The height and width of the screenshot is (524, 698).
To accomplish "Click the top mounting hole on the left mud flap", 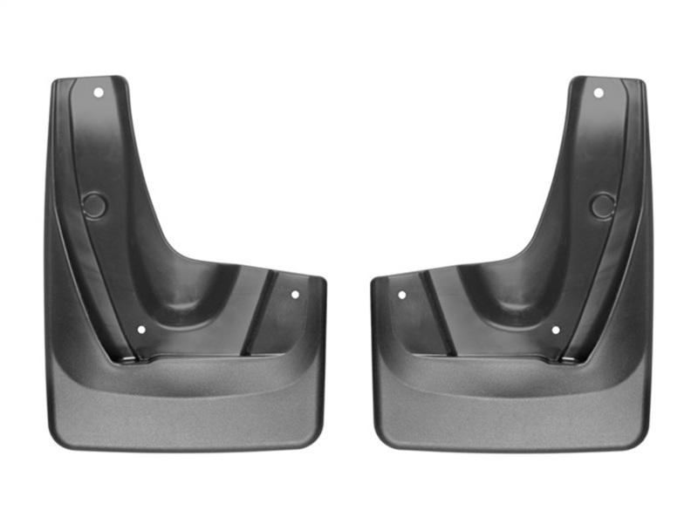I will pyautogui.click(x=99, y=92).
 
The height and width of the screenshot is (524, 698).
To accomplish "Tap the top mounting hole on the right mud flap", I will pyautogui.click(x=599, y=92).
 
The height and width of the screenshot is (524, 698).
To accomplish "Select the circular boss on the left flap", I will pyautogui.click(x=94, y=206).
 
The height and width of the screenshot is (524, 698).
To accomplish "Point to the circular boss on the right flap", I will pyautogui.click(x=602, y=206).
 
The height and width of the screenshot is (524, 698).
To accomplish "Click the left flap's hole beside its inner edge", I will pyautogui.click(x=295, y=295).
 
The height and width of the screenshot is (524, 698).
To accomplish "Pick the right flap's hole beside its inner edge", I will pyautogui.click(x=402, y=295).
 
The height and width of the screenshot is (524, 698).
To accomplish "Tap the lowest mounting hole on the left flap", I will pyautogui.click(x=141, y=330).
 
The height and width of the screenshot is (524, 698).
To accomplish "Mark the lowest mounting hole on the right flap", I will pyautogui.click(x=556, y=330).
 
